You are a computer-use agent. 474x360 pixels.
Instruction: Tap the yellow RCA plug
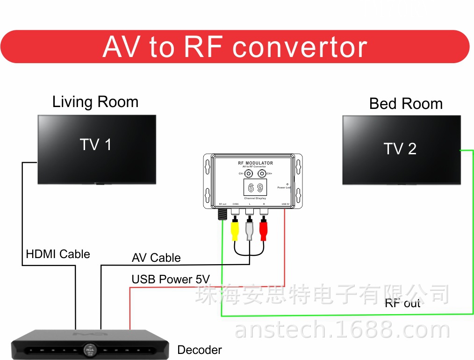tap(235, 229)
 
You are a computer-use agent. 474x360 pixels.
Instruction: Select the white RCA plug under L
tap(249, 229)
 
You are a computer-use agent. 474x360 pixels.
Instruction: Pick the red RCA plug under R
tap(264, 229)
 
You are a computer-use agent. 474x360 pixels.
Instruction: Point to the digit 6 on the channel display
tap(251, 188)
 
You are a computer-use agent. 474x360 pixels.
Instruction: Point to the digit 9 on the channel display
tap(260, 188)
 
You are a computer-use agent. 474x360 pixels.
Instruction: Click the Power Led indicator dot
tap(287, 184)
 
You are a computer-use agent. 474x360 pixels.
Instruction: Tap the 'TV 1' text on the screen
tap(96, 145)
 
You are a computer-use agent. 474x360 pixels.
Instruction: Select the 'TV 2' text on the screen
tap(400, 149)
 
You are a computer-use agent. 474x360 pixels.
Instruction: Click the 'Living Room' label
tap(95, 102)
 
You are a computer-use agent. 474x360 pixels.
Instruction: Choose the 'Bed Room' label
tap(406, 104)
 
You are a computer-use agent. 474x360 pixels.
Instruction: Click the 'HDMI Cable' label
tap(58, 254)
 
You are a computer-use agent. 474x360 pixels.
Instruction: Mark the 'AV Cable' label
tap(156, 258)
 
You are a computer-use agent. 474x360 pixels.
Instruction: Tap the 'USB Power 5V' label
tap(171, 280)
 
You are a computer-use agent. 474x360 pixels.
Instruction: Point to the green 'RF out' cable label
tap(402, 303)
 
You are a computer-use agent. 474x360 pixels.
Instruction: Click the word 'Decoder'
tap(200, 350)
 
